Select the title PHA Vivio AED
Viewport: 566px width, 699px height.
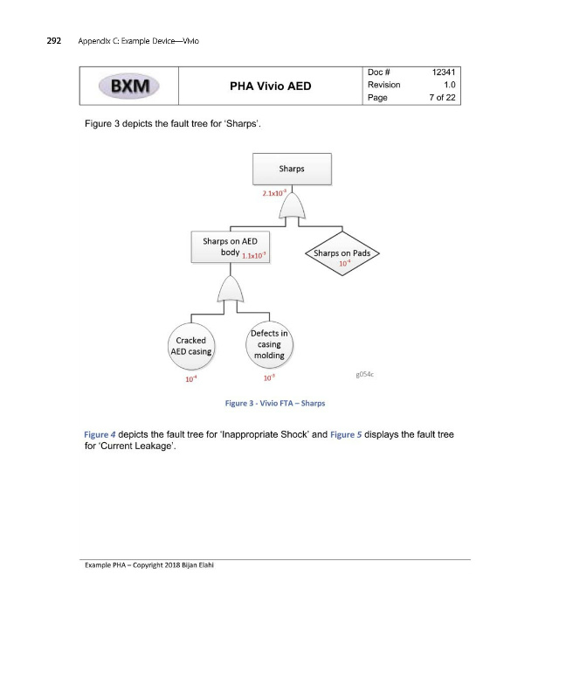click(x=270, y=86)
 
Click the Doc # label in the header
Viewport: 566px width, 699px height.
click(x=380, y=72)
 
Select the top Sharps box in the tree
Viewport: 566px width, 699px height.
click(x=292, y=169)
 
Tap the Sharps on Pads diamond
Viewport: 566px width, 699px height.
click(x=342, y=254)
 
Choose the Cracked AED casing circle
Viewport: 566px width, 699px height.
click(x=191, y=346)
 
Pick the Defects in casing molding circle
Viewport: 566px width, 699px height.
click(x=269, y=344)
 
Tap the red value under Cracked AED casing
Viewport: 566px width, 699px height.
click(x=190, y=379)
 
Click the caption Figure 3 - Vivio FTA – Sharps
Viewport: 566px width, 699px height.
click(x=276, y=403)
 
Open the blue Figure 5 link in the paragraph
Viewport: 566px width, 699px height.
click(x=348, y=434)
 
